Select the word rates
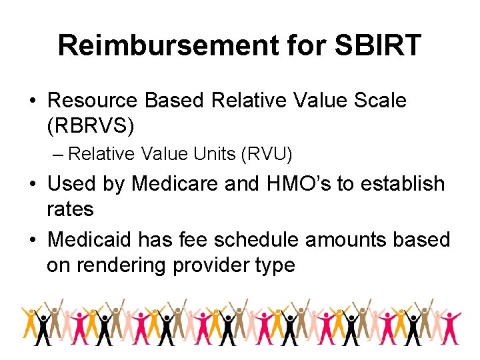[x=70, y=209]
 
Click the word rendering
[x=123, y=265]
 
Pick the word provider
[x=211, y=265]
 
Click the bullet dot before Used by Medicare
[x=33, y=184]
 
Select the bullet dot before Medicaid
[x=33, y=239]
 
